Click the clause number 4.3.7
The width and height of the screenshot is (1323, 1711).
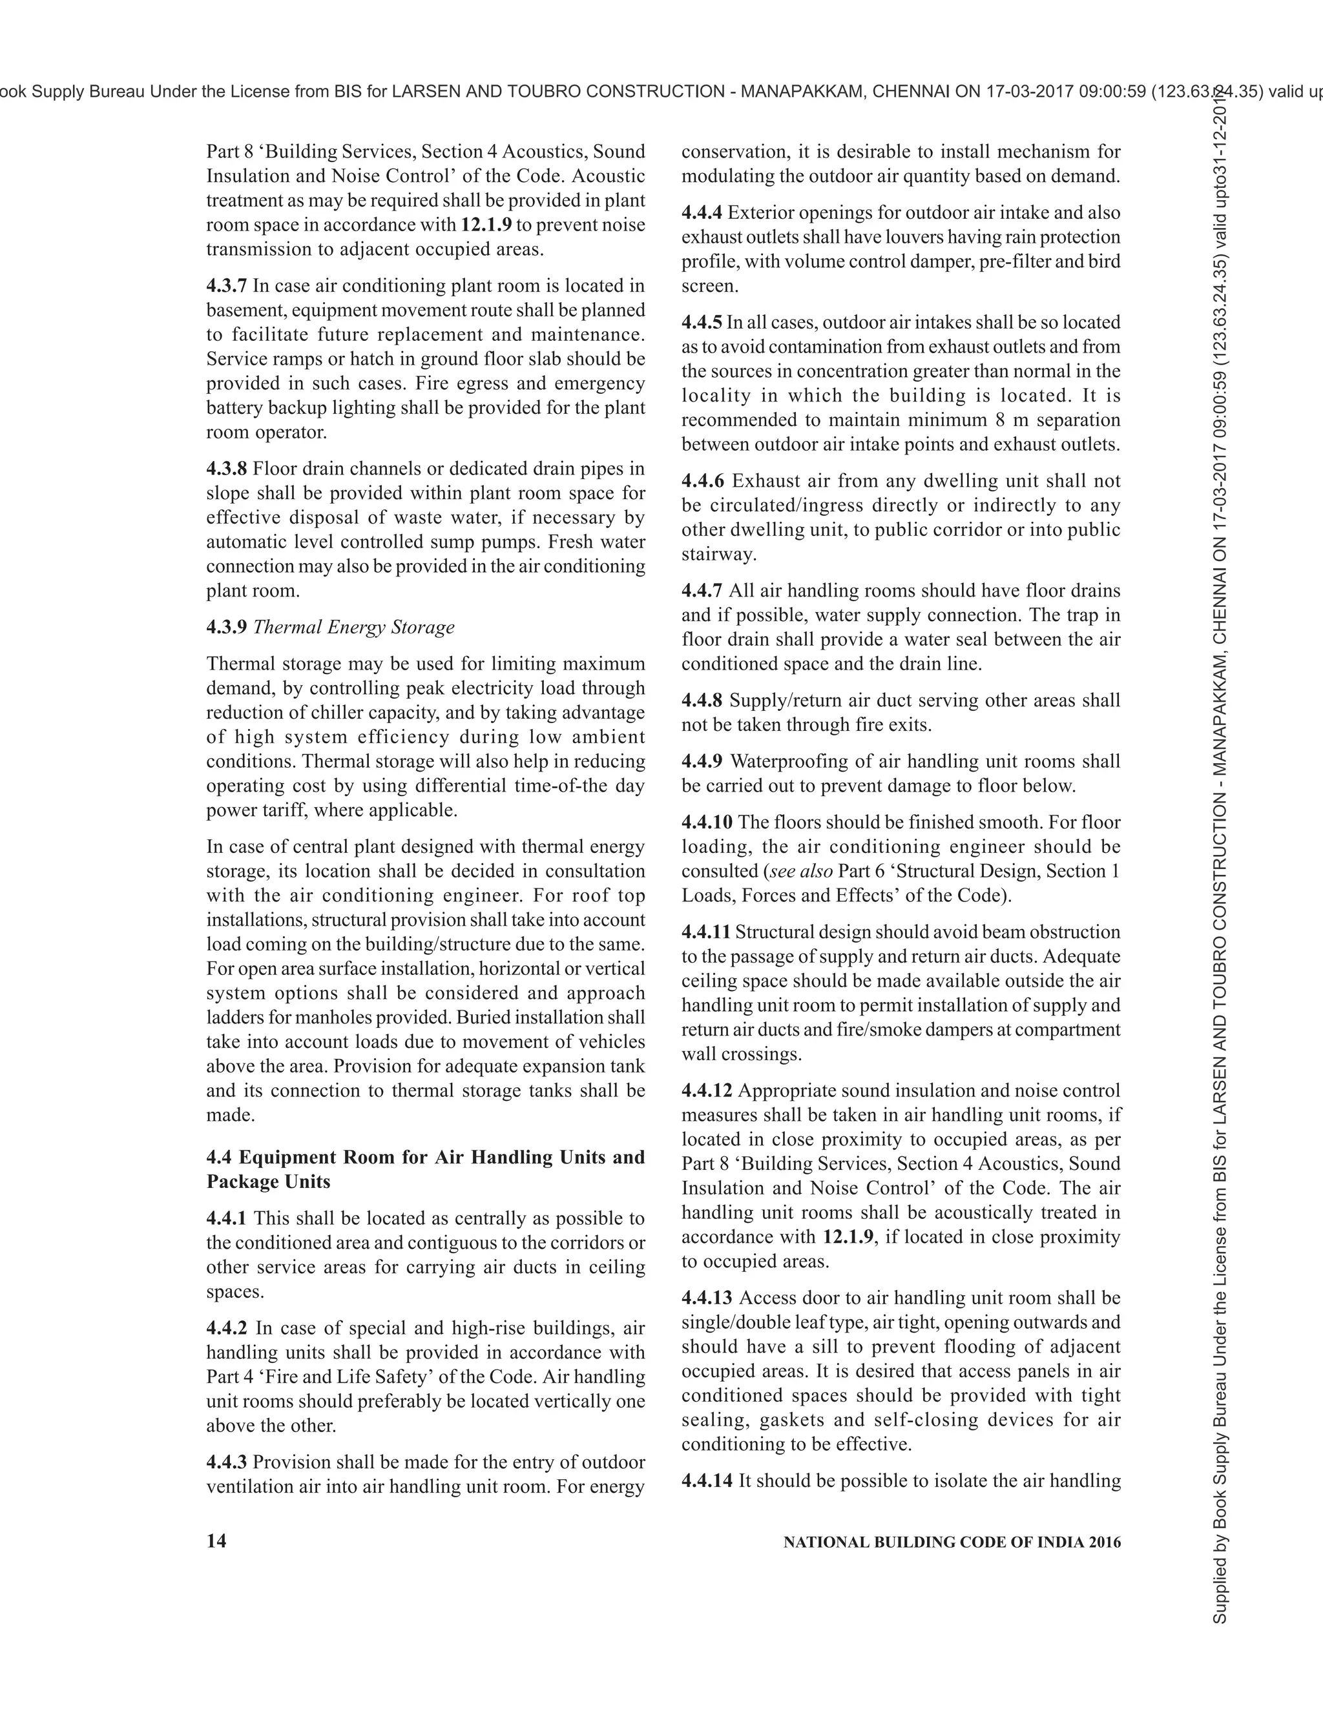(x=227, y=286)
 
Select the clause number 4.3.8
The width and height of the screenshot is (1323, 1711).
(x=227, y=469)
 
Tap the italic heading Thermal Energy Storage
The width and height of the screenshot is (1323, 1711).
(x=353, y=628)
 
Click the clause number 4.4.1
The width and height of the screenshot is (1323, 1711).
(x=227, y=1218)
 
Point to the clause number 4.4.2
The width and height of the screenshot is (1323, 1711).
(x=227, y=1328)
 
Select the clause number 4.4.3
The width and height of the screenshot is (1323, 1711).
(x=227, y=1462)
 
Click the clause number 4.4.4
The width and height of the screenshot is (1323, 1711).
(x=702, y=213)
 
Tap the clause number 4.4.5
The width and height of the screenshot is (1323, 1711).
(x=702, y=323)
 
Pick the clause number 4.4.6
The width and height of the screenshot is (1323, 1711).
(x=702, y=481)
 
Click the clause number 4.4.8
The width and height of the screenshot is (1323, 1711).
(x=702, y=701)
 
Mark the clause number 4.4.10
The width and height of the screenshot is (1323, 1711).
(x=707, y=823)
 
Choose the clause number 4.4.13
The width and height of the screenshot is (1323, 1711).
(x=707, y=1298)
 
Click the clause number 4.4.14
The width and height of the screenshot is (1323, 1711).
(x=707, y=1480)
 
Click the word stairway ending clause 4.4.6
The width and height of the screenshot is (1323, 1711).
(x=708, y=555)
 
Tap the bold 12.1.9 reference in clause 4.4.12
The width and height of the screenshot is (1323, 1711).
(x=848, y=1237)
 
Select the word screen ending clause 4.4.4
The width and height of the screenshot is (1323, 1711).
(x=709, y=286)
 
